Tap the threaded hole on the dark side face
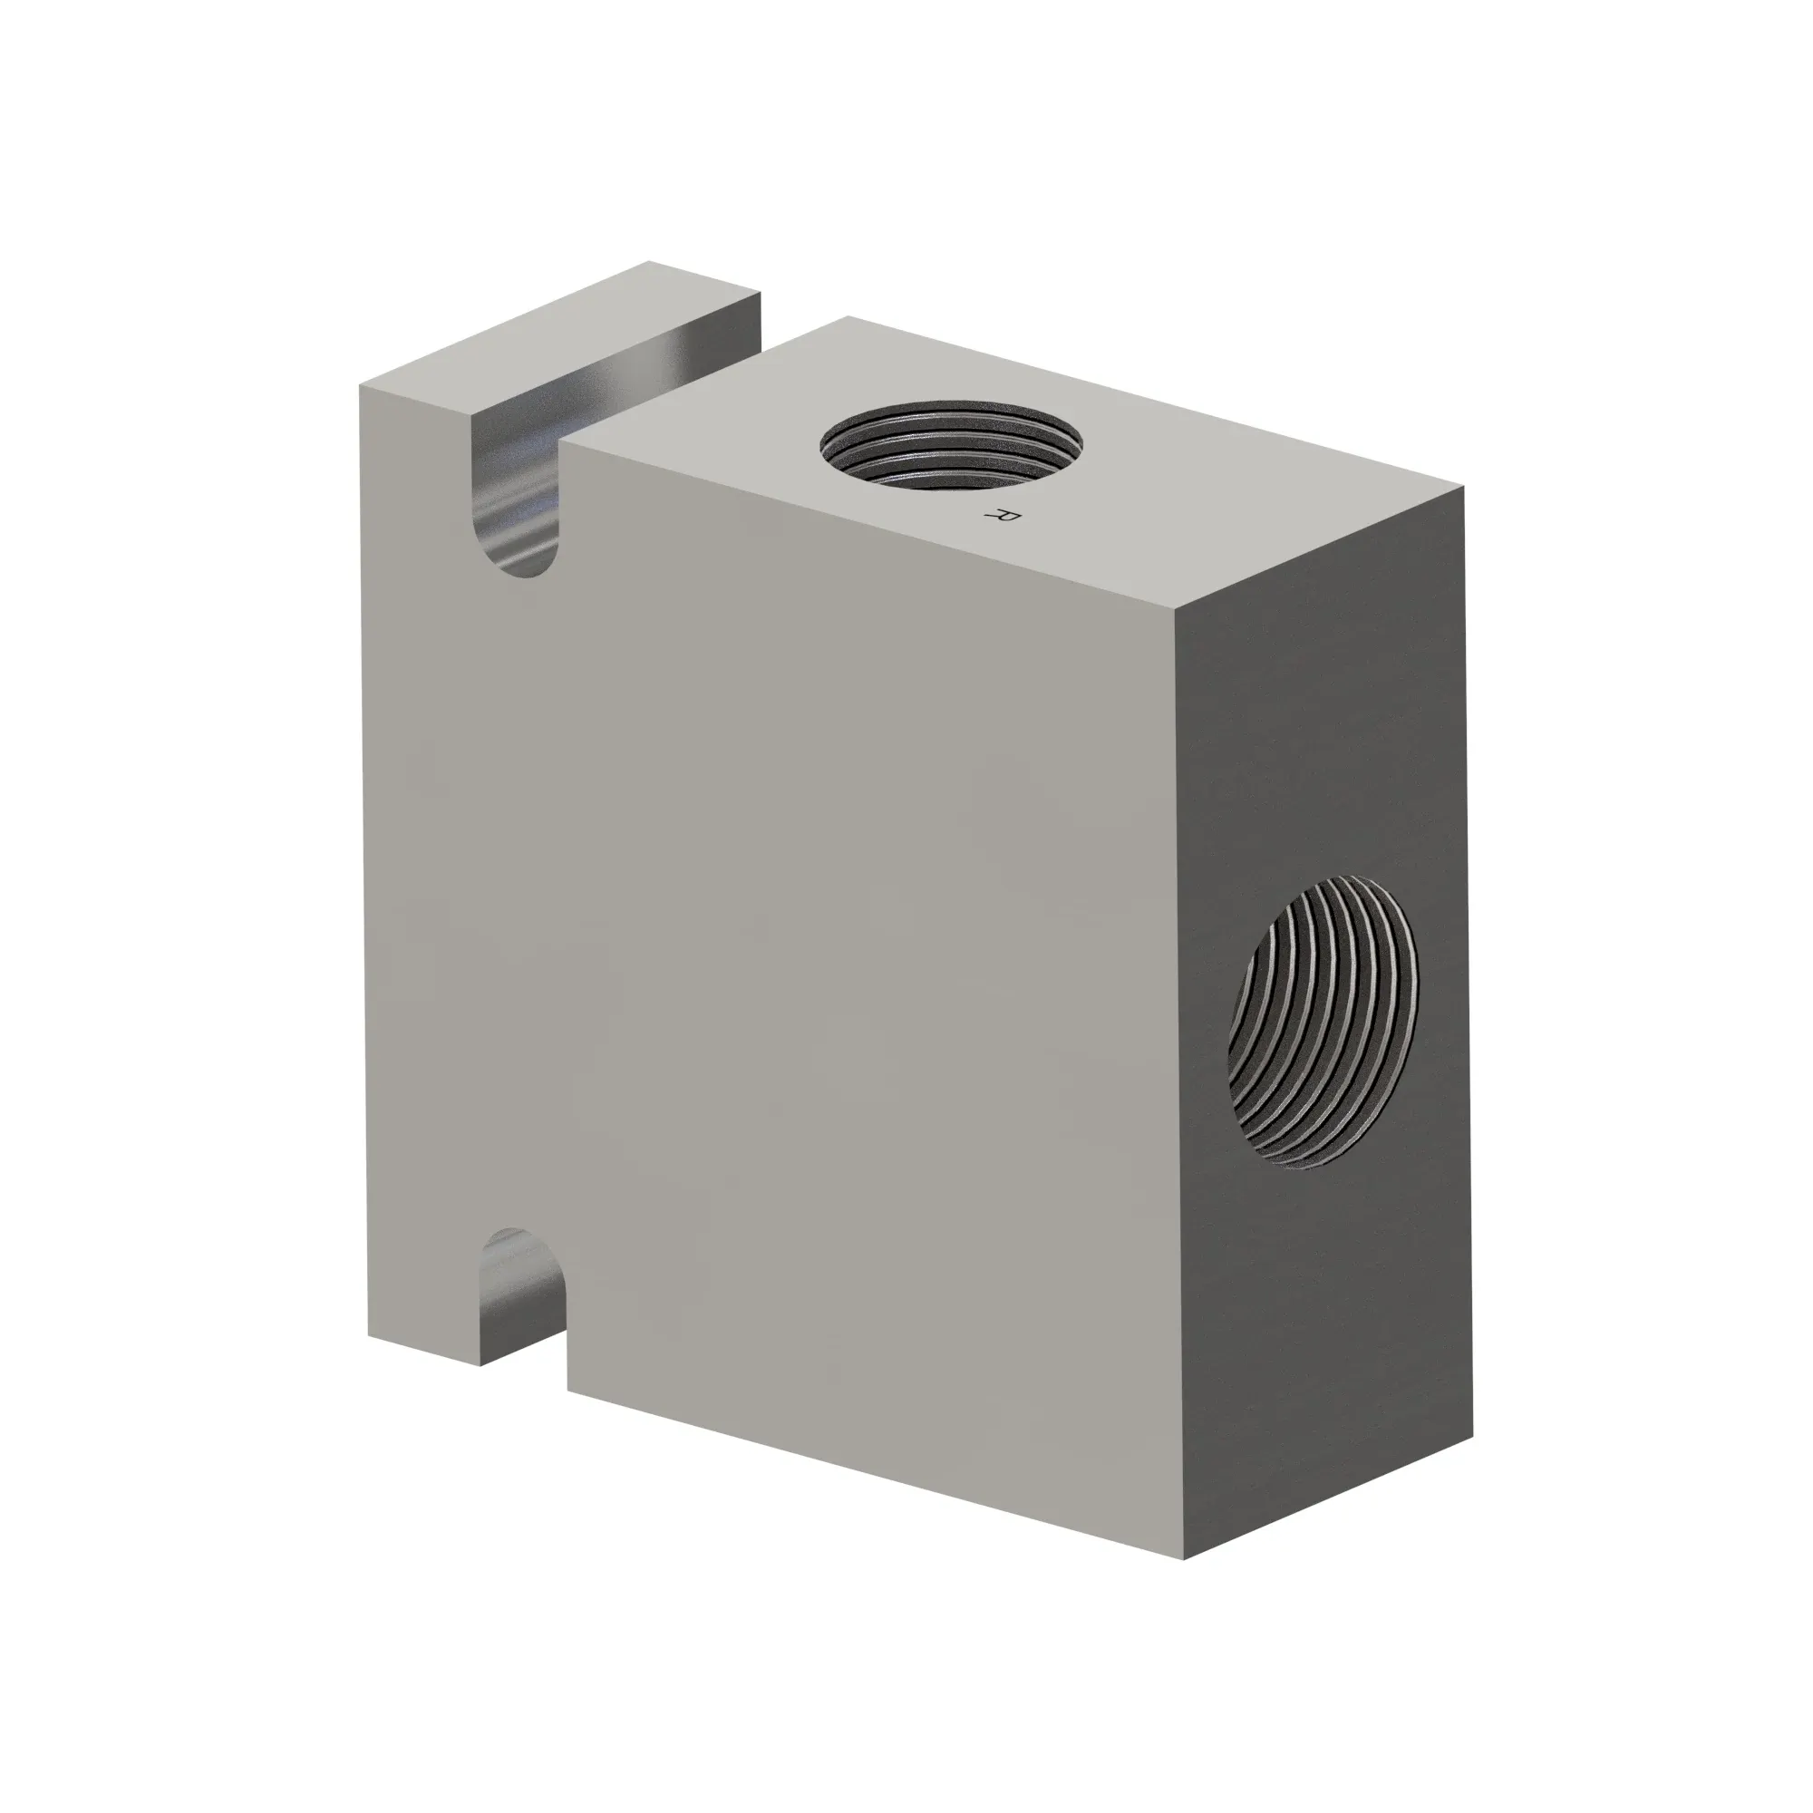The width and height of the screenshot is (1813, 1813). point(1324,1022)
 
